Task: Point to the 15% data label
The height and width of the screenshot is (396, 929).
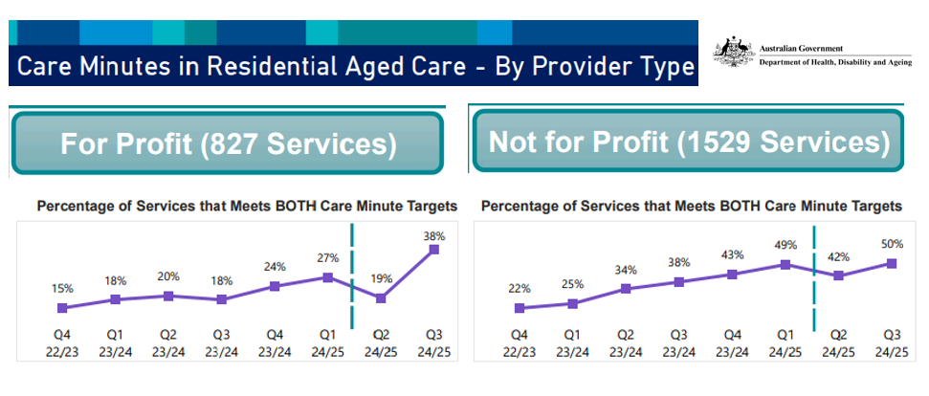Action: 62,288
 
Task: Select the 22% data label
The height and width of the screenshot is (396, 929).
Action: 520,288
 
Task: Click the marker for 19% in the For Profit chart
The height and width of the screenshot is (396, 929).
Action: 381,298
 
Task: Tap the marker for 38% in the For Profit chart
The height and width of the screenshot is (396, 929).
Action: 434,250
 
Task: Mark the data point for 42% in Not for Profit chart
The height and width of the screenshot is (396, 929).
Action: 838,275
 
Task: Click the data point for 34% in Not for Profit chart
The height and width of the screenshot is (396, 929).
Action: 626,288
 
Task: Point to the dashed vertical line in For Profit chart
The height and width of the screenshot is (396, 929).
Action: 353,277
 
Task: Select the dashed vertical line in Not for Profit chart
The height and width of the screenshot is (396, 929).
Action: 813,277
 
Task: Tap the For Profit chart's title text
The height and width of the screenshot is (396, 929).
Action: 246,206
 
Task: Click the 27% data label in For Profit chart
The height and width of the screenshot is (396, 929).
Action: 327,258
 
